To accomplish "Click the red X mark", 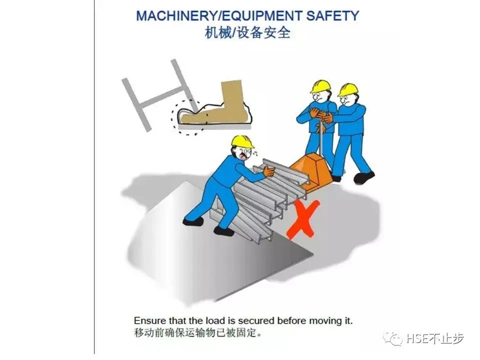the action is tap(303, 219).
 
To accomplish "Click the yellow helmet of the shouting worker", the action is tap(242, 141).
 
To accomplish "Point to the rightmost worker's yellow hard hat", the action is tap(348, 89).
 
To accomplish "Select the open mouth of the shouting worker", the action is tap(244, 156).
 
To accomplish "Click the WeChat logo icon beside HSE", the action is tap(393, 339).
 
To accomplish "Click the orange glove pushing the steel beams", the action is tap(269, 171).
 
